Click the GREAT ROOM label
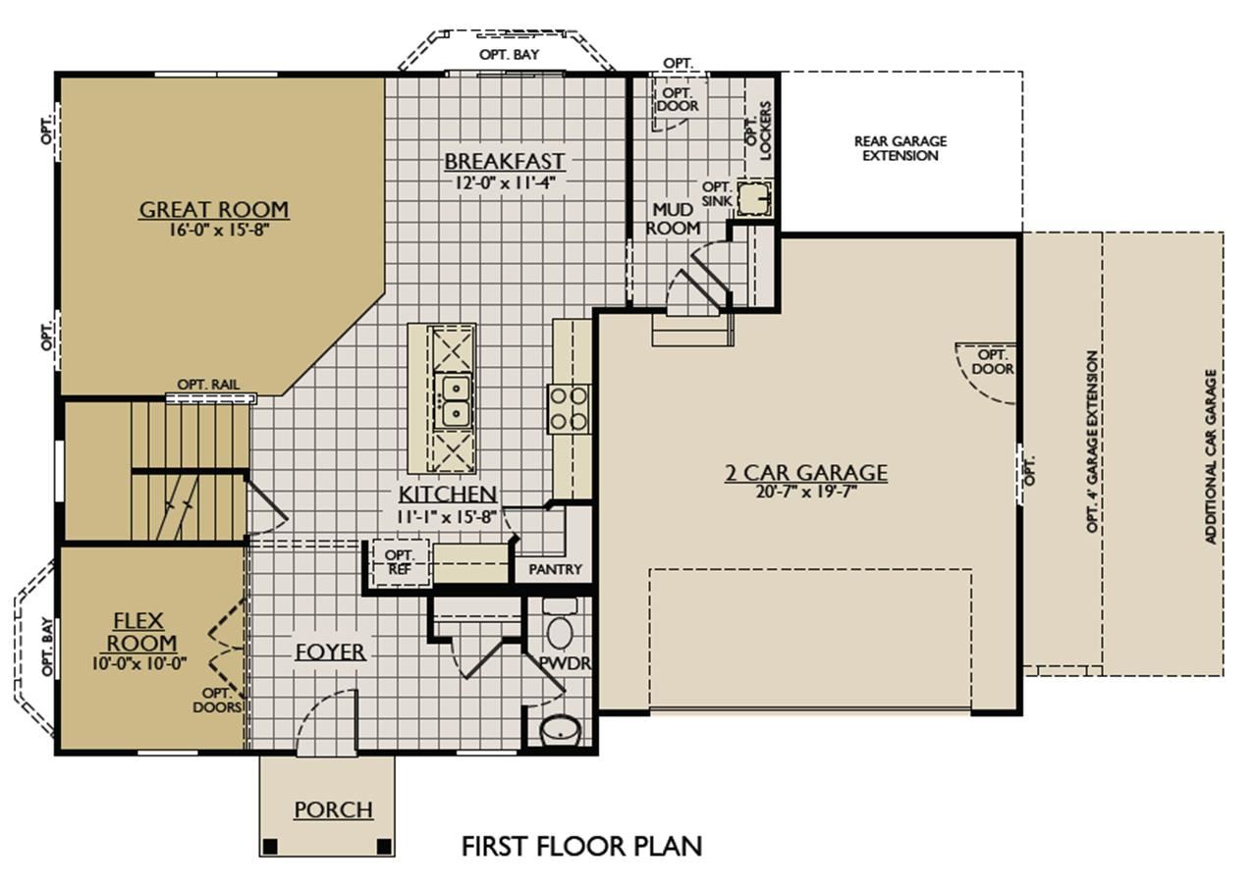pyautogui.click(x=214, y=210)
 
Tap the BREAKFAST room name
pyautogui.click(x=505, y=162)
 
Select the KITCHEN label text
pyautogui.click(x=447, y=495)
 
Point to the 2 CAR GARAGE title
pyautogui.click(x=806, y=473)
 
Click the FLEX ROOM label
pyautogui.click(x=140, y=632)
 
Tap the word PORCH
pyautogui.click(x=333, y=809)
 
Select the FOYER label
pyautogui.click(x=331, y=651)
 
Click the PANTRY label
pyautogui.click(x=555, y=569)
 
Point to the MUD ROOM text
pyautogui.click(x=673, y=219)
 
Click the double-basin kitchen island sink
pyautogui.click(x=454, y=401)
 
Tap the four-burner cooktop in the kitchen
pyautogui.click(x=569, y=409)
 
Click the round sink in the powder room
pyautogui.click(x=561, y=730)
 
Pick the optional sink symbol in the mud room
pyautogui.click(x=753, y=198)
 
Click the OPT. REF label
pyautogui.click(x=399, y=562)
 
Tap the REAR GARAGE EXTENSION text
pyautogui.click(x=901, y=148)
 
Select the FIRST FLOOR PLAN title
pyautogui.click(x=581, y=846)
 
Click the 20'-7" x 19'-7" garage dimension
pyautogui.click(x=806, y=492)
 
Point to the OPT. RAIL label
pyautogui.click(x=208, y=385)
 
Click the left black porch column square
pyautogui.click(x=270, y=846)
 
